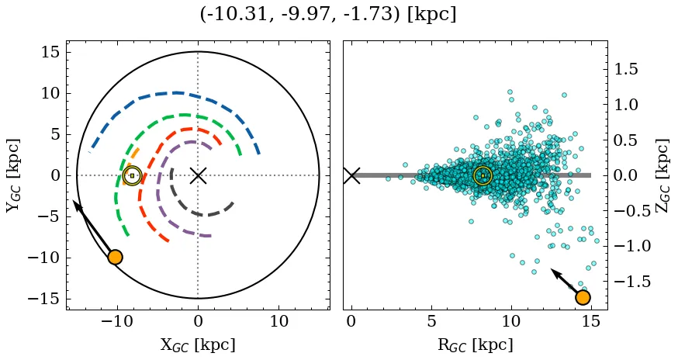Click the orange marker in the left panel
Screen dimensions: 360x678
(115, 257)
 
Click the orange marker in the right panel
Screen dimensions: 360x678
(583, 297)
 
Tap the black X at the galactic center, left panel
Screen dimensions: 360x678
(198, 175)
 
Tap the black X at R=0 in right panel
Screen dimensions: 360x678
(351, 175)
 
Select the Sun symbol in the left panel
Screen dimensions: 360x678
(132, 175)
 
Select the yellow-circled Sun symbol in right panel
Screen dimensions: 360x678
(483, 176)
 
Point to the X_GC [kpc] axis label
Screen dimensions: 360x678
(198, 344)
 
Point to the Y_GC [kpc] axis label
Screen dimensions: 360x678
(13, 175)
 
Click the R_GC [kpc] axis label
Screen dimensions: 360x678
(476, 344)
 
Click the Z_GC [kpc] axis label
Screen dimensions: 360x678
(664, 175)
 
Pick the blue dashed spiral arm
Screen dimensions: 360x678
(171, 95)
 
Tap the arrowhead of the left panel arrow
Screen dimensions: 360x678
(76, 203)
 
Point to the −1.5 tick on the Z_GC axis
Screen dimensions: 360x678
(633, 281)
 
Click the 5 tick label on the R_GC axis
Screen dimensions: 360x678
(431, 320)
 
